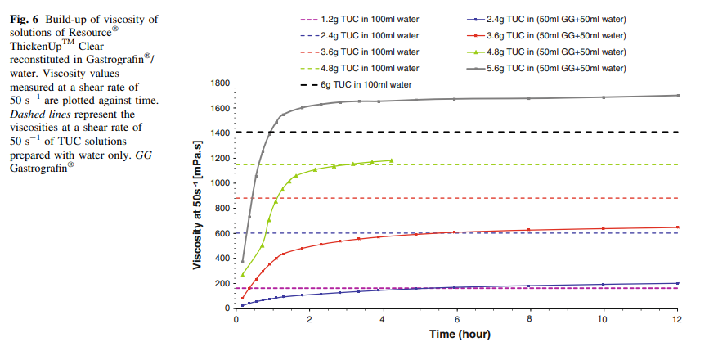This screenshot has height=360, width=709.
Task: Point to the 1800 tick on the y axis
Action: click(x=217, y=83)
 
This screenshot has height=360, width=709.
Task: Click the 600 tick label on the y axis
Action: click(x=219, y=233)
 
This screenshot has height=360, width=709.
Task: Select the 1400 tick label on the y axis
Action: click(x=217, y=133)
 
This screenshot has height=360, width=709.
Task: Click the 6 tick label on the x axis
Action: click(x=456, y=319)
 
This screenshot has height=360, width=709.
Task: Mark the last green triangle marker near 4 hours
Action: click(x=391, y=160)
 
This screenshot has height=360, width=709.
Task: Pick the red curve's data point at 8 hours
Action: click(x=529, y=230)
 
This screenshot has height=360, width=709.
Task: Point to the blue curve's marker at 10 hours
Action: click(x=604, y=284)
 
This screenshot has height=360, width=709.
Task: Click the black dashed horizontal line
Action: click(x=491, y=132)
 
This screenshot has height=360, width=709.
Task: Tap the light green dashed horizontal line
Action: click(x=532, y=164)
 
